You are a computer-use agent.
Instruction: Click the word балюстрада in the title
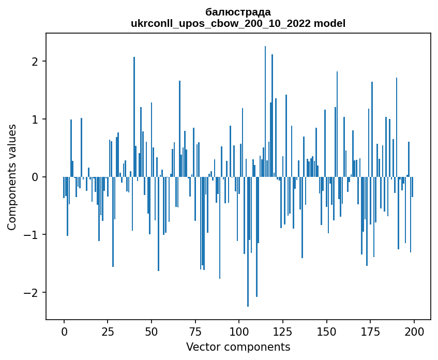(238, 12)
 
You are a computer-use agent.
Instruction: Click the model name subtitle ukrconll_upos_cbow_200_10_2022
(238, 23)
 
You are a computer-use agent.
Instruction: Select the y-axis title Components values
(12, 177)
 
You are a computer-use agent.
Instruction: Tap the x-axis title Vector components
(238, 347)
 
